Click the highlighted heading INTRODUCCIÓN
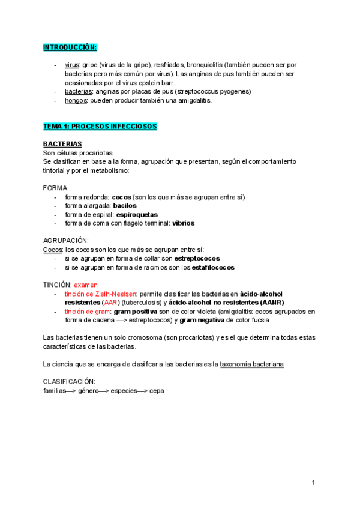click(x=70, y=47)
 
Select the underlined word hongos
click(x=76, y=100)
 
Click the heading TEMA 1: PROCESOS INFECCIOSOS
click(x=100, y=127)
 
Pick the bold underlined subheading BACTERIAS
click(x=62, y=145)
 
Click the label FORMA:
click(x=56, y=188)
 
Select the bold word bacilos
click(x=125, y=206)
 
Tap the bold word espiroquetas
click(x=137, y=214)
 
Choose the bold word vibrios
click(x=183, y=223)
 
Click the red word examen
click(x=86, y=285)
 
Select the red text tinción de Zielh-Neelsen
click(x=101, y=294)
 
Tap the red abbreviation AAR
click(x=110, y=303)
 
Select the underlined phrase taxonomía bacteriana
click(x=252, y=364)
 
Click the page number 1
click(x=313, y=483)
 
